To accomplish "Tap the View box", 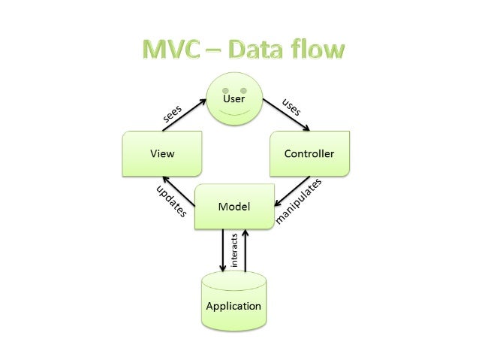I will [x=162, y=153].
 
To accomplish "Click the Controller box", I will [x=309, y=153].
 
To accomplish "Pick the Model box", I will [x=233, y=206].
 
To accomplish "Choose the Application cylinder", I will [x=233, y=301].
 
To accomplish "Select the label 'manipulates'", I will [x=300, y=201].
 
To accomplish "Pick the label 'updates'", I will [x=170, y=201].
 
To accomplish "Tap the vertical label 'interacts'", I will [x=234, y=249].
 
